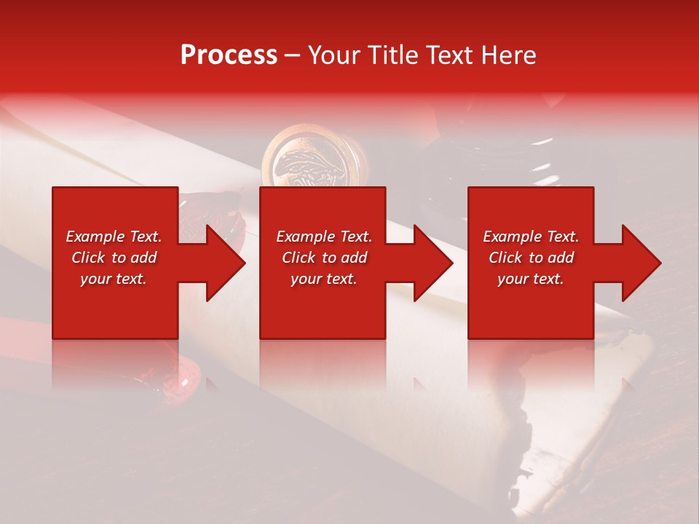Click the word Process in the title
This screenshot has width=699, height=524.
pos(229,55)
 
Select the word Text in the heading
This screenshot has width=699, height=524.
pos(450,55)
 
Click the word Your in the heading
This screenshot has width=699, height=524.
pos(335,55)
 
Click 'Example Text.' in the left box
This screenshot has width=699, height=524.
pos(114,237)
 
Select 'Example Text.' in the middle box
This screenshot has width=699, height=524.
pos(324,237)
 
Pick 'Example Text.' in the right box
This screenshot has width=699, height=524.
pos(531,237)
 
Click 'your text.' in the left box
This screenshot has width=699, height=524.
pos(114,279)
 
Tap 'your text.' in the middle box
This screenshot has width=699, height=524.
pos(324,279)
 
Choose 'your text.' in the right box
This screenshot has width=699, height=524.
pos(531,279)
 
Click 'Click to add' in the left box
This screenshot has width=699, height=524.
pos(114,258)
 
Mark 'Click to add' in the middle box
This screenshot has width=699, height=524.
pos(324,258)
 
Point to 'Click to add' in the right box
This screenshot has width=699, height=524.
pos(531,258)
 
